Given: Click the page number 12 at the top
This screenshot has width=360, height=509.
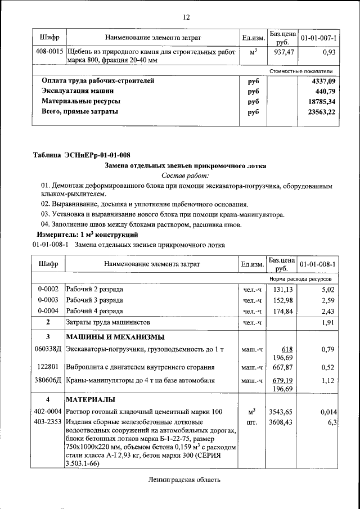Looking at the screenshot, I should click(186, 17).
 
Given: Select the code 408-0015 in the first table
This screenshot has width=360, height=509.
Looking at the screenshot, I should click(49, 51).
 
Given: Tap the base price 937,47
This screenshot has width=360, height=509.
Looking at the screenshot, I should click(281, 51).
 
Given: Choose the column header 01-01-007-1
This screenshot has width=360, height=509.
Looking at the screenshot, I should click(318, 38).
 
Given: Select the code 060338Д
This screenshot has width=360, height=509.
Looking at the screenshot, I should click(48, 350).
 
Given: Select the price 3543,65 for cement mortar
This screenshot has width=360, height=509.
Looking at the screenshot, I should click(281, 412).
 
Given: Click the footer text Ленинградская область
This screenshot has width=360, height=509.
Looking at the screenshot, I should click(185, 480).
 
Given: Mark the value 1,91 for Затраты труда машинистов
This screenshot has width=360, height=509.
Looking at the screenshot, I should click(327, 322).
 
